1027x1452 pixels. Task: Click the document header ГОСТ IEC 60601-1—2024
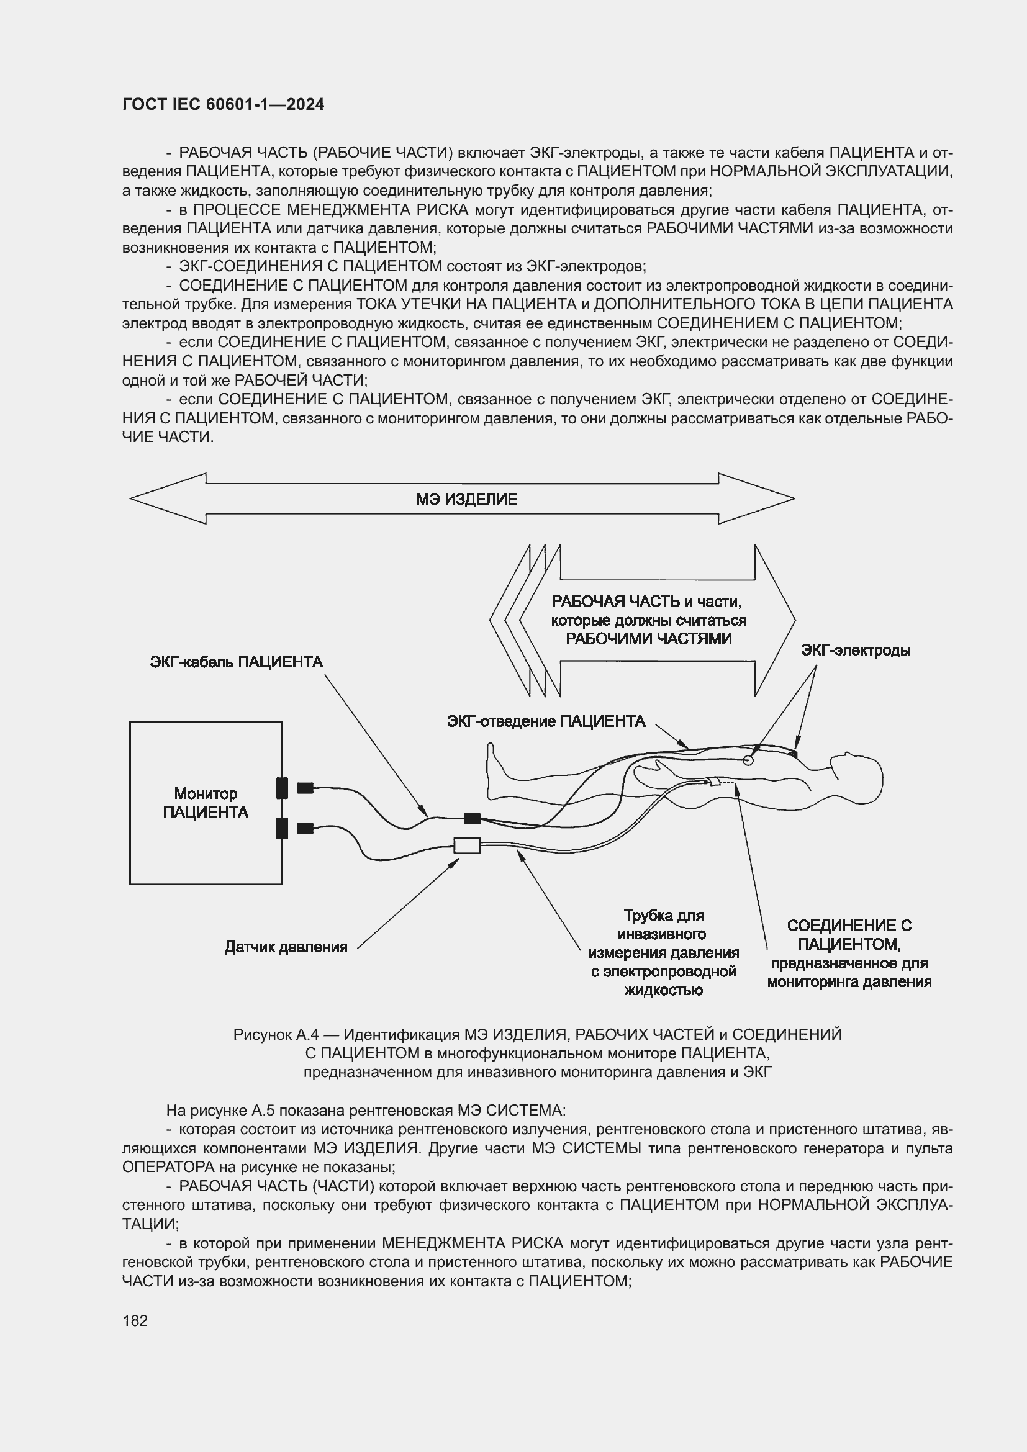click(223, 104)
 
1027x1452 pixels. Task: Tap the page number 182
click(135, 1320)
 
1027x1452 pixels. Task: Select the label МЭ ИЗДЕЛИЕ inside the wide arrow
click(466, 499)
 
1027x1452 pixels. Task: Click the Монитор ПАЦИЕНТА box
click(206, 803)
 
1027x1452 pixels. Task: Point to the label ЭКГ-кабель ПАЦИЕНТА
click(236, 662)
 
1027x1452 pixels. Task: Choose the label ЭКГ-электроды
click(855, 650)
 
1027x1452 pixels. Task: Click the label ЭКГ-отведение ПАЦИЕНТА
click(546, 721)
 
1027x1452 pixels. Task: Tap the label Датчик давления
click(286, 947)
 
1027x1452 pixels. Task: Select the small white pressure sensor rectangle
click(467, 845)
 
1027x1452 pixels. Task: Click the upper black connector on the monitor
click(282, 788)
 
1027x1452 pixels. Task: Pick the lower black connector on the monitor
click(282, 828)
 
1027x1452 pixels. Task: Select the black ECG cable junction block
click(472, 818)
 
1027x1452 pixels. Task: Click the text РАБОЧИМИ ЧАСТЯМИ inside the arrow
click(648, 639)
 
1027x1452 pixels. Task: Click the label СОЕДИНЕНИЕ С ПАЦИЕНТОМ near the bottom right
click(849, 935)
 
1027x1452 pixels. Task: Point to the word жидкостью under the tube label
click(663, 990)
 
